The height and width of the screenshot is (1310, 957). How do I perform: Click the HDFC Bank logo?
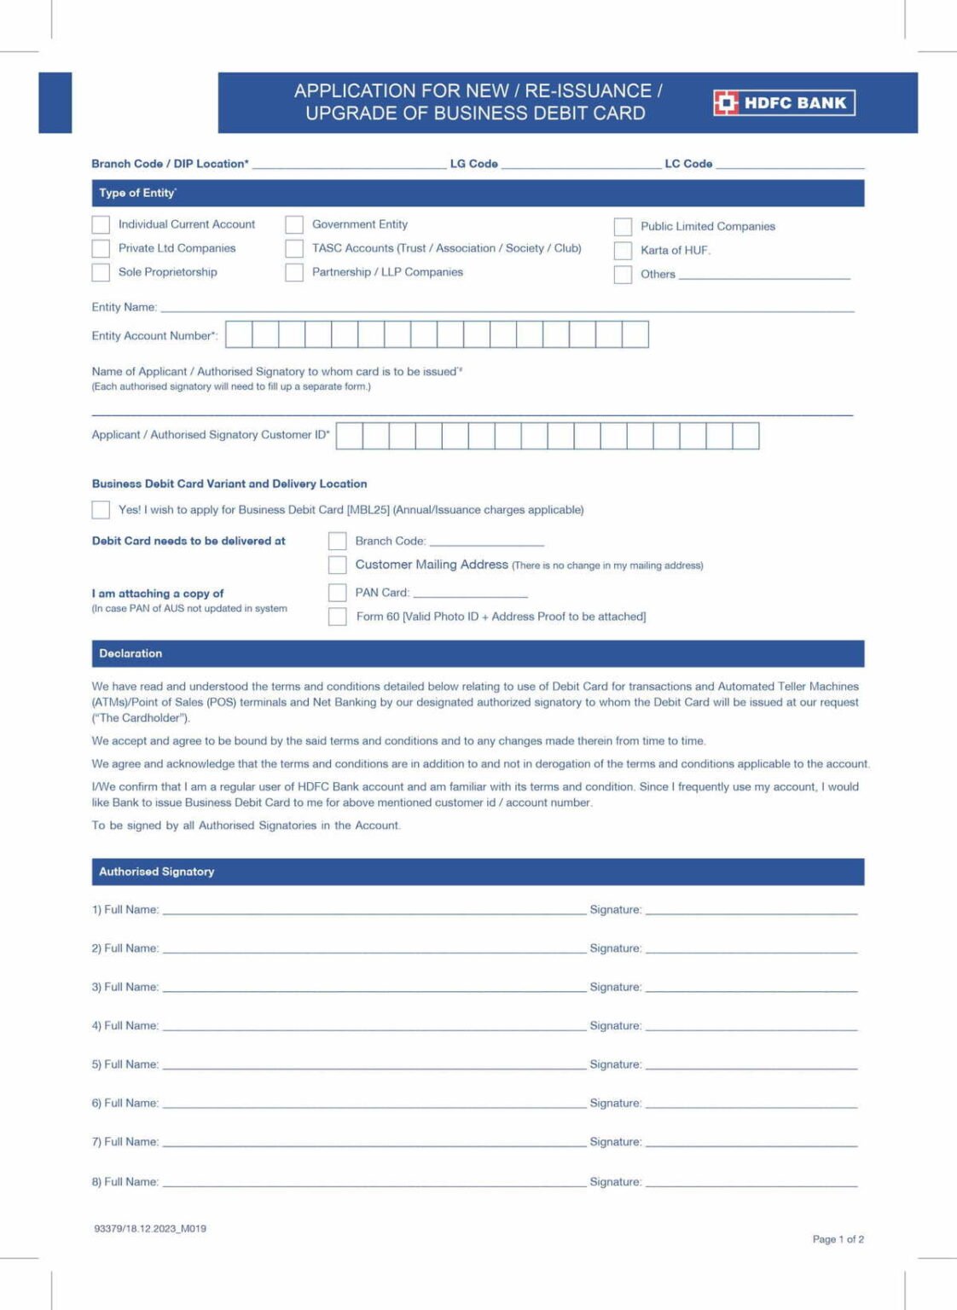[x=783, y=103]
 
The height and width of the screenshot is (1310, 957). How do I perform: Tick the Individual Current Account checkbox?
[x=101, y=224]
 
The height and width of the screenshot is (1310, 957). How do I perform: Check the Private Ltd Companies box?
[x=101, y=248]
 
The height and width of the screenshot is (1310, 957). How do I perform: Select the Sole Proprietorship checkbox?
[x=101, y=272]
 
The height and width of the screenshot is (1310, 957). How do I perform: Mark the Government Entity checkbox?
[x=294, y=224]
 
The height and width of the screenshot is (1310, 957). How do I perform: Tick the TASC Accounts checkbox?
[x=294, y=248]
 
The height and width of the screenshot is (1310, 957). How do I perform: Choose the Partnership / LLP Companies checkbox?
[x=294, y=272]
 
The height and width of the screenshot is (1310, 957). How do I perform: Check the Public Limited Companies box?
[x=623, y=226]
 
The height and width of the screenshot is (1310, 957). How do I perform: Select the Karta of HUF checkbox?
[x=623, y=250]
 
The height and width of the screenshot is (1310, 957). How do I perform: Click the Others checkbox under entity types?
[x=623, y=274]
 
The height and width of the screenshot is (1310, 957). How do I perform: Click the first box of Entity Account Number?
[x=239, y=334]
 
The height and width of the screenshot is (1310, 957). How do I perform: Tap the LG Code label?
[x=473, y=164]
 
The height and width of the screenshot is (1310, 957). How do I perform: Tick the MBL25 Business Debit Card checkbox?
[x=101, y=510]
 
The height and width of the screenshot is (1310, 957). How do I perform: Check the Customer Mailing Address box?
[x=338, y=565]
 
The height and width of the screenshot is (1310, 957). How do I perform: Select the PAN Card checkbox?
[x=338, y=593]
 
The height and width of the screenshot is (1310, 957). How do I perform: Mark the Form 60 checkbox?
[x=338, y=617]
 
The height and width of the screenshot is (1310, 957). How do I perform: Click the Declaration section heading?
[x=130, y=653]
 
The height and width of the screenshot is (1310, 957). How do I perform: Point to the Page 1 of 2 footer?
[x=838, y=1239]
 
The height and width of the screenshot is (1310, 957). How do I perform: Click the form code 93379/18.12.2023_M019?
[x=150, y=1229]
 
